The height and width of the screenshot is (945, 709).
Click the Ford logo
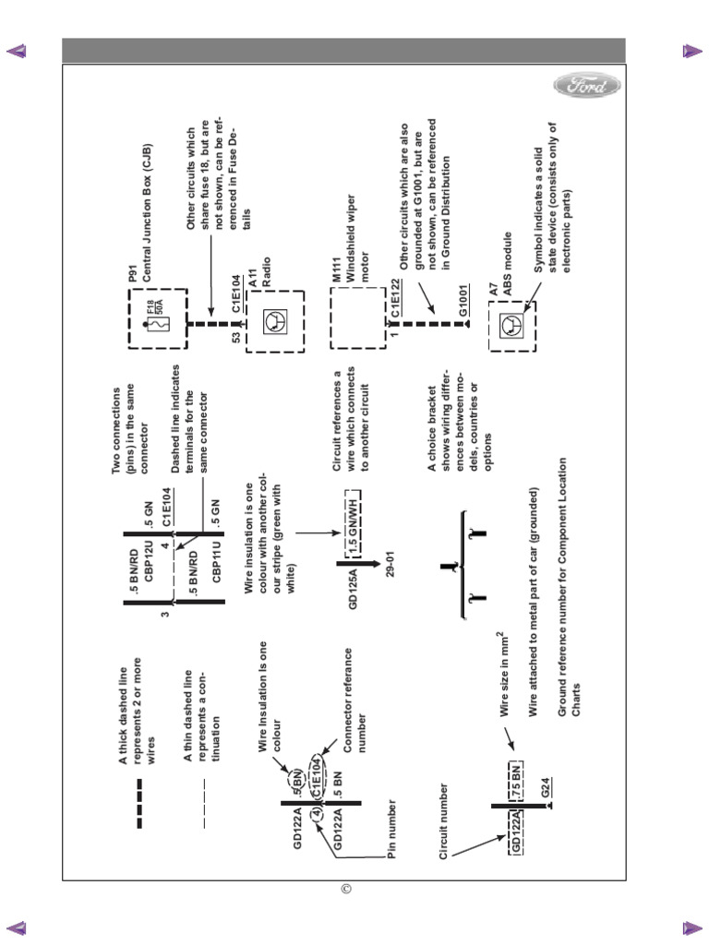(587, 87)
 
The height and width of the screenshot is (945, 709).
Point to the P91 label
(132, 273)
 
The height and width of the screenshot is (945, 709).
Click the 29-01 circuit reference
(391, 563)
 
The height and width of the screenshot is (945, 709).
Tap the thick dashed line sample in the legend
(139, 803)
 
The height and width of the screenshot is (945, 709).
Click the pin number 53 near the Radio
(236, 339)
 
